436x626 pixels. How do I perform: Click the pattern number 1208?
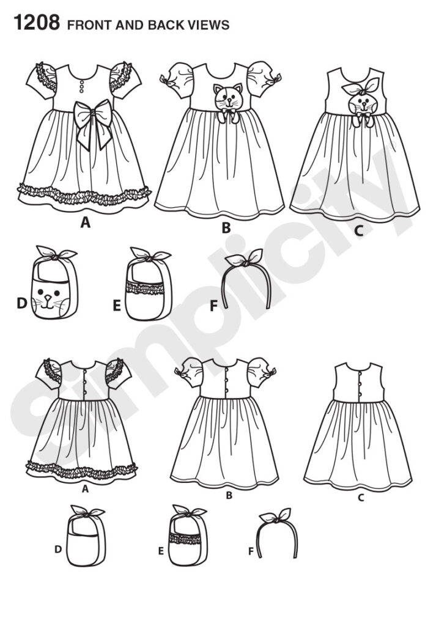tap(37, 23)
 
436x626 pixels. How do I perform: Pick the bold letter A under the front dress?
tap(85, 223)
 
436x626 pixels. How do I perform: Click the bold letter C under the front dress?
tap(359, 230)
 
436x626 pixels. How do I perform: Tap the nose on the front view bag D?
tap(48, 298)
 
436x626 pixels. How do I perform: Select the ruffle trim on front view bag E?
tap(146, 288)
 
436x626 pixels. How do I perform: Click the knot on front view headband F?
tap(245, 262)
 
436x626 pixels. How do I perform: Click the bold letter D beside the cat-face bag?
tap(21, 304)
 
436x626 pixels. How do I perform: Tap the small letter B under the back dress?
tap(229, 495)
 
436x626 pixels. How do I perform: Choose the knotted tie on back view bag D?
tap(87, 513)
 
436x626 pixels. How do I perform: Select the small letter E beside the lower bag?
tap(161, 551)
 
